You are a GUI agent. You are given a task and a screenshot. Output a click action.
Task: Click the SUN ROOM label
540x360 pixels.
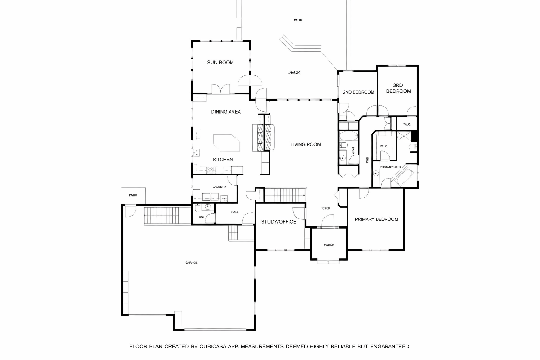(220, 63)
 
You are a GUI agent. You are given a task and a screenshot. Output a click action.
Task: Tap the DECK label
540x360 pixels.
(294, 72)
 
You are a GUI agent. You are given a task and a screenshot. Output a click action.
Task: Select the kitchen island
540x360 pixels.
(226, 143)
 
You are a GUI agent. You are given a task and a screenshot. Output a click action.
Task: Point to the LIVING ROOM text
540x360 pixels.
(306, 144)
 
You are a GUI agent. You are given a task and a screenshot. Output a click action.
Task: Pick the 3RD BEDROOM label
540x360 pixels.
(398, 88)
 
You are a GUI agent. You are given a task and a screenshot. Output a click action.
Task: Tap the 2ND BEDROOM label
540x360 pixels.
(359, 92)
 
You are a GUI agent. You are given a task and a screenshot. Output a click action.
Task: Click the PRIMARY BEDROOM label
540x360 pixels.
(376, 219)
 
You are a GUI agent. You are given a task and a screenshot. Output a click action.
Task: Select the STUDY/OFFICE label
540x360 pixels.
(278, 222)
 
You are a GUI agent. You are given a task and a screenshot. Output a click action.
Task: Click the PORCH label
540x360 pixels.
(329, 245)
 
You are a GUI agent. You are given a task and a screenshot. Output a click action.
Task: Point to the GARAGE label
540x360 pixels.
(191, 263)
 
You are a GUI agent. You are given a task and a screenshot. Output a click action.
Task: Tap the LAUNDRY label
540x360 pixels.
(219, 187)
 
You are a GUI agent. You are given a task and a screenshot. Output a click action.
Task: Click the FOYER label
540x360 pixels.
(325, 208)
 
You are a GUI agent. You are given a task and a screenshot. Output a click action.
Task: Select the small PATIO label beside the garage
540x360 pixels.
(133, 195)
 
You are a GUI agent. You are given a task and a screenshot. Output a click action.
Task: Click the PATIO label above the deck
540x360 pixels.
(298, 20)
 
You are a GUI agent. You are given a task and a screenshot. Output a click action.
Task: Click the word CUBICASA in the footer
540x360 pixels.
(213, 347)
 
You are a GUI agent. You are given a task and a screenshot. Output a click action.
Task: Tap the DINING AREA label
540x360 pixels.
(226, 112)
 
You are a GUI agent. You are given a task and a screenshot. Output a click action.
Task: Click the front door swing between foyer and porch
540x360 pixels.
(328, 221)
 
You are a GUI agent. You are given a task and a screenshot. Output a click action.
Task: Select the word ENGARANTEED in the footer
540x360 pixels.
(390, 347)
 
